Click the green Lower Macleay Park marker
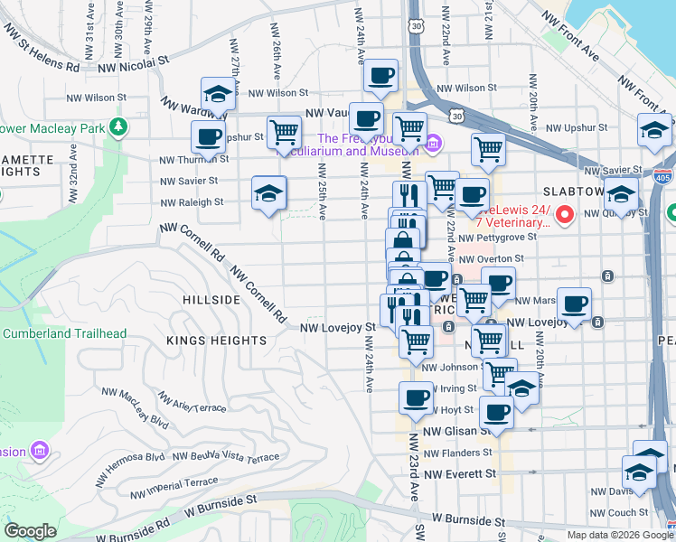[x=117, y=126]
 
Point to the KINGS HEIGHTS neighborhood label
[x=216, y=341]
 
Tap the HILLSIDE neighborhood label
[x=211, y=299]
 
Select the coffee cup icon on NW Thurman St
[x=208, y=138]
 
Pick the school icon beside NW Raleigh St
[x=268, y=193]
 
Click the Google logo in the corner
[x=31, y=530]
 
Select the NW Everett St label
[x=460, y=473]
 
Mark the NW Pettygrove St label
[x=497, y=237]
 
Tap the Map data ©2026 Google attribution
[x=620, y=534]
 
